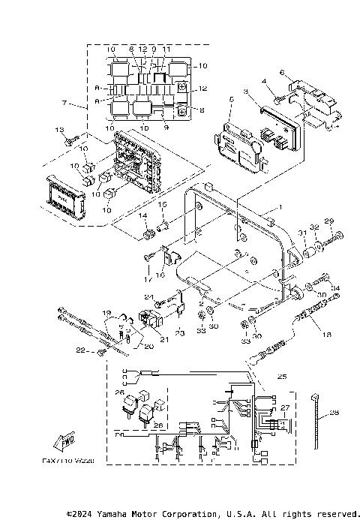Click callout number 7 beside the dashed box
pyautogui.click(x=65, y=101)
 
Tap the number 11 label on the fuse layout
pyautogui.click(x=166, y=49)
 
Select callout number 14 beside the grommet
pyautogui.click(x=140, y=215)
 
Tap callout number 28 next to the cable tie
pyautogui.click(x=334, y=412)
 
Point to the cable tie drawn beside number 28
pyautogui.click(x=318, y=416)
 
